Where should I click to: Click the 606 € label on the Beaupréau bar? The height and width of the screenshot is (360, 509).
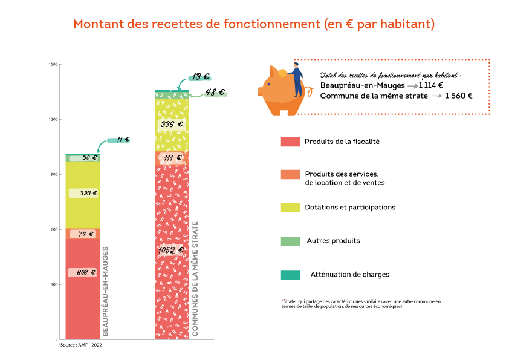82,272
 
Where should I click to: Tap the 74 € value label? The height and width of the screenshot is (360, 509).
82,234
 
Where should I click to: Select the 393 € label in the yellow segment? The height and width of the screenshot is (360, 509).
83,193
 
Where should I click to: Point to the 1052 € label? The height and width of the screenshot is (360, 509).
172,250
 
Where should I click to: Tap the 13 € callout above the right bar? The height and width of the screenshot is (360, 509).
200,77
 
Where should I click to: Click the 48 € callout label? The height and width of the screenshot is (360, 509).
215,93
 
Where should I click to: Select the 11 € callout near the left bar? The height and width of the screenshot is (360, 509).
123,140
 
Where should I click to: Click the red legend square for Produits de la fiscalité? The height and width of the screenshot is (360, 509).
290,142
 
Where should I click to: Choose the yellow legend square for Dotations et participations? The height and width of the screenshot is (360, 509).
290,208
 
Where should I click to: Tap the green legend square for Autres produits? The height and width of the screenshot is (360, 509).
290,241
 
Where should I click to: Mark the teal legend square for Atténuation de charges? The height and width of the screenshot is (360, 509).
290,275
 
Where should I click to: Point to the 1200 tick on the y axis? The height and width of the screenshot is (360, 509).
53,119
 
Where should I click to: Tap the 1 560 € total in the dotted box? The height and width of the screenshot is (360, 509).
459,96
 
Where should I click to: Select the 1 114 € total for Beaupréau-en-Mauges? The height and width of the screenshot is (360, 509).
431,85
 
